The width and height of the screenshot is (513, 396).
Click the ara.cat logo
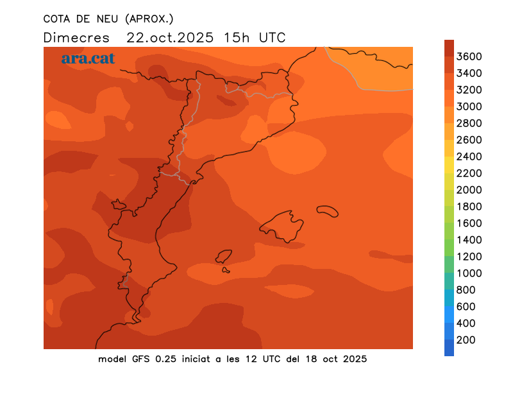click(88, 58)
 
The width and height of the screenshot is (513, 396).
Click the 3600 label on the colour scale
click(469, 56)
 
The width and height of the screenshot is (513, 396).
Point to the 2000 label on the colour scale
click(469, 190)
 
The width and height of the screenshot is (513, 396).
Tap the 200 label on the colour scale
click(466, 340)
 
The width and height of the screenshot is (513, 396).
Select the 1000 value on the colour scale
click(469, 273)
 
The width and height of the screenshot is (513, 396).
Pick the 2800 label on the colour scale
click(469, 123)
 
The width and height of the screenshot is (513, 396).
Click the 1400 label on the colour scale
click(469, 240)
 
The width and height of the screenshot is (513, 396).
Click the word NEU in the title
click(103, 18)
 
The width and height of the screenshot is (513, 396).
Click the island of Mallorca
click(282, 227)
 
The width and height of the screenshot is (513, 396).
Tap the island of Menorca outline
click(328, 211)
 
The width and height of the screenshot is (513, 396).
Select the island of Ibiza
click(224, 257)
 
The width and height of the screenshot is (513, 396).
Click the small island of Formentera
click(226, 270)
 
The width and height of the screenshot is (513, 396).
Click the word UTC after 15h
click(272, 37)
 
